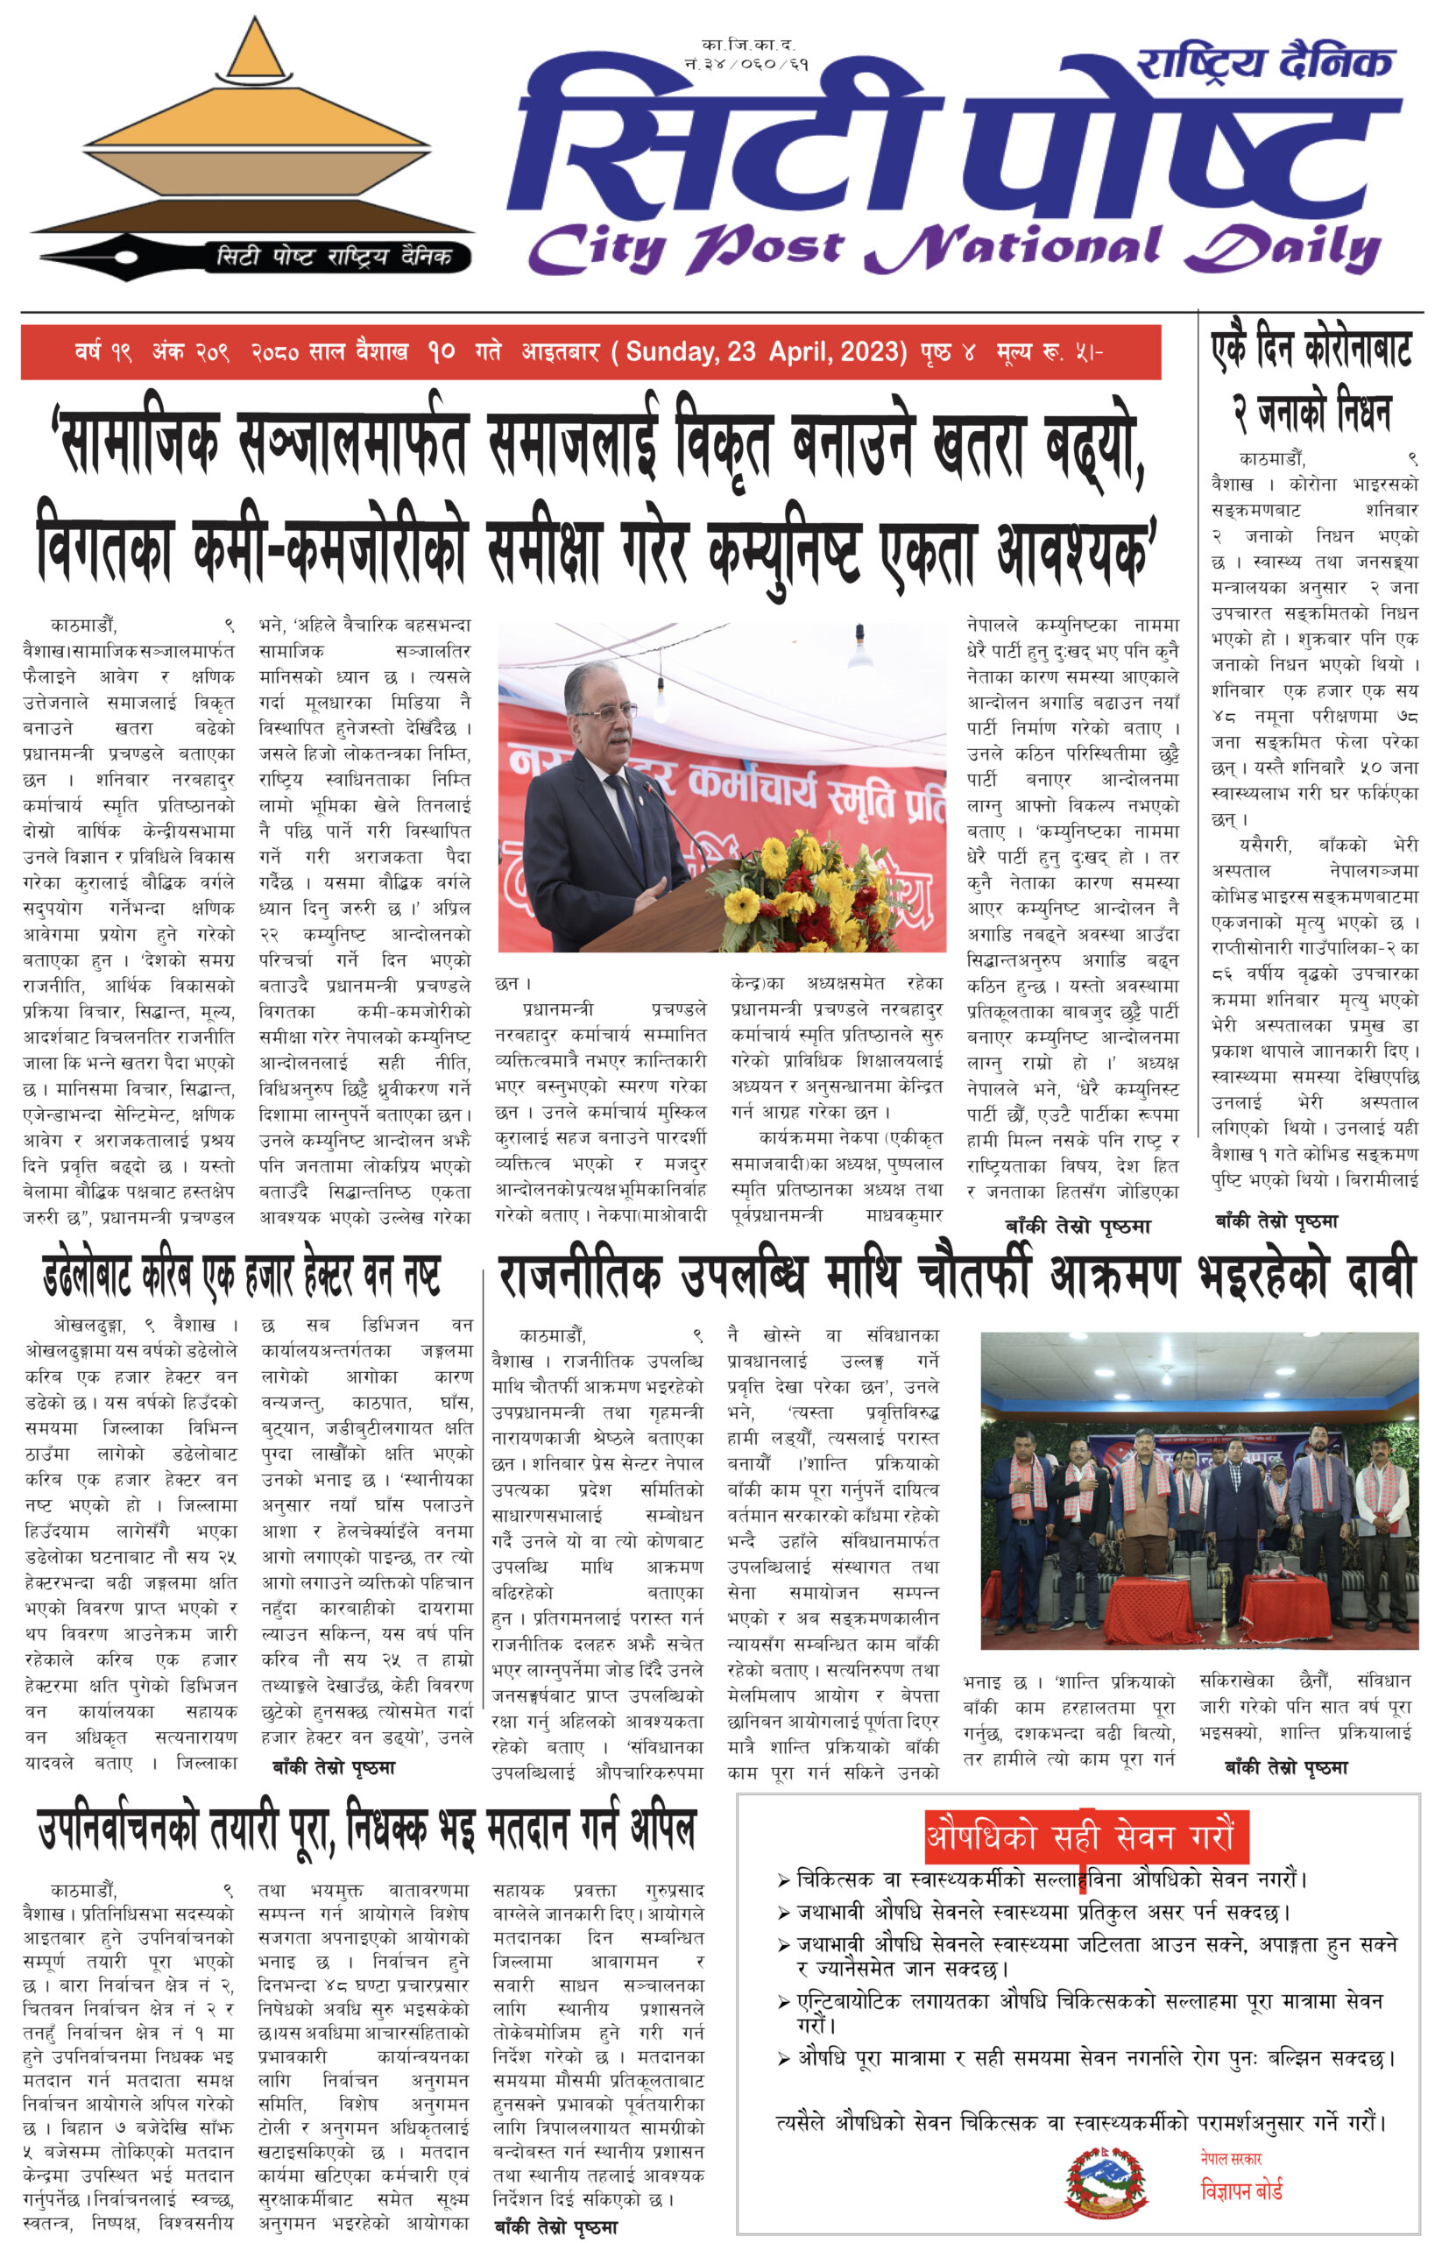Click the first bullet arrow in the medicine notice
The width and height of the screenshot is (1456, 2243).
[x=783, y=1881]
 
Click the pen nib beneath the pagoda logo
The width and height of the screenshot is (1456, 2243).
[x=103, y=258]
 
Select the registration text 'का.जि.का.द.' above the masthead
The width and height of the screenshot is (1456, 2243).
[x=747, y=45]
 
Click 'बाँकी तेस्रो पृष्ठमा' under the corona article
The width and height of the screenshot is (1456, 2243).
[x=1276, y=1221]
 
